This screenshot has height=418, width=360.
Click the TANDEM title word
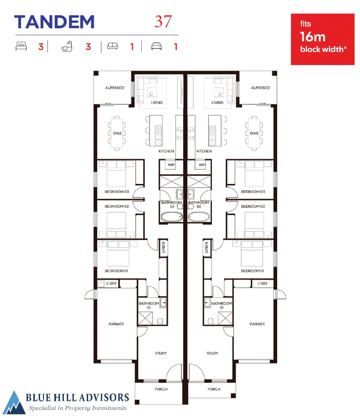coord(54,22)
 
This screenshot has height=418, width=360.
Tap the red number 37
coord(163,22)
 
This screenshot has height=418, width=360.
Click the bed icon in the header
coord(21,46)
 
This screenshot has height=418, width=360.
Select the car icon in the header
coord(157,46)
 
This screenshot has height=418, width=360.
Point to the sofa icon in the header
coord(112,46)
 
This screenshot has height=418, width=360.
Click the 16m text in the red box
coord(312,36)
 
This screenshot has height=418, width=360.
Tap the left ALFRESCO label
coord(115,88)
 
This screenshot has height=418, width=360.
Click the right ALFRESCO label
coord(261,88)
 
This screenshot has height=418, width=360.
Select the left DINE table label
coord(117,133)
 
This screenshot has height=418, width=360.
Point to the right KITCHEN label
coord(204,151)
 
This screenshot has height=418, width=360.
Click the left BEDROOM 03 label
coord(117,191)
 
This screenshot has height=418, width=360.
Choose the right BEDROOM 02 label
coord(253,206)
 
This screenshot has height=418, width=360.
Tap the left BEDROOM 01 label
coord(117,271)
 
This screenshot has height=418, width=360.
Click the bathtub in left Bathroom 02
coord(172,217)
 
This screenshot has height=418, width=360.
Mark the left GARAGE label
coord(117,324)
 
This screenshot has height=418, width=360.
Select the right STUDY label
coord(212,353)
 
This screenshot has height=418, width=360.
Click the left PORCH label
coord(161,389)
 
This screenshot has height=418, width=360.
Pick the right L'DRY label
coord(263,283)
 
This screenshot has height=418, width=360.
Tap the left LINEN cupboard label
coord(163,247)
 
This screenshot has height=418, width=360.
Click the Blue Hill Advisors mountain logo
coord(15,403)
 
